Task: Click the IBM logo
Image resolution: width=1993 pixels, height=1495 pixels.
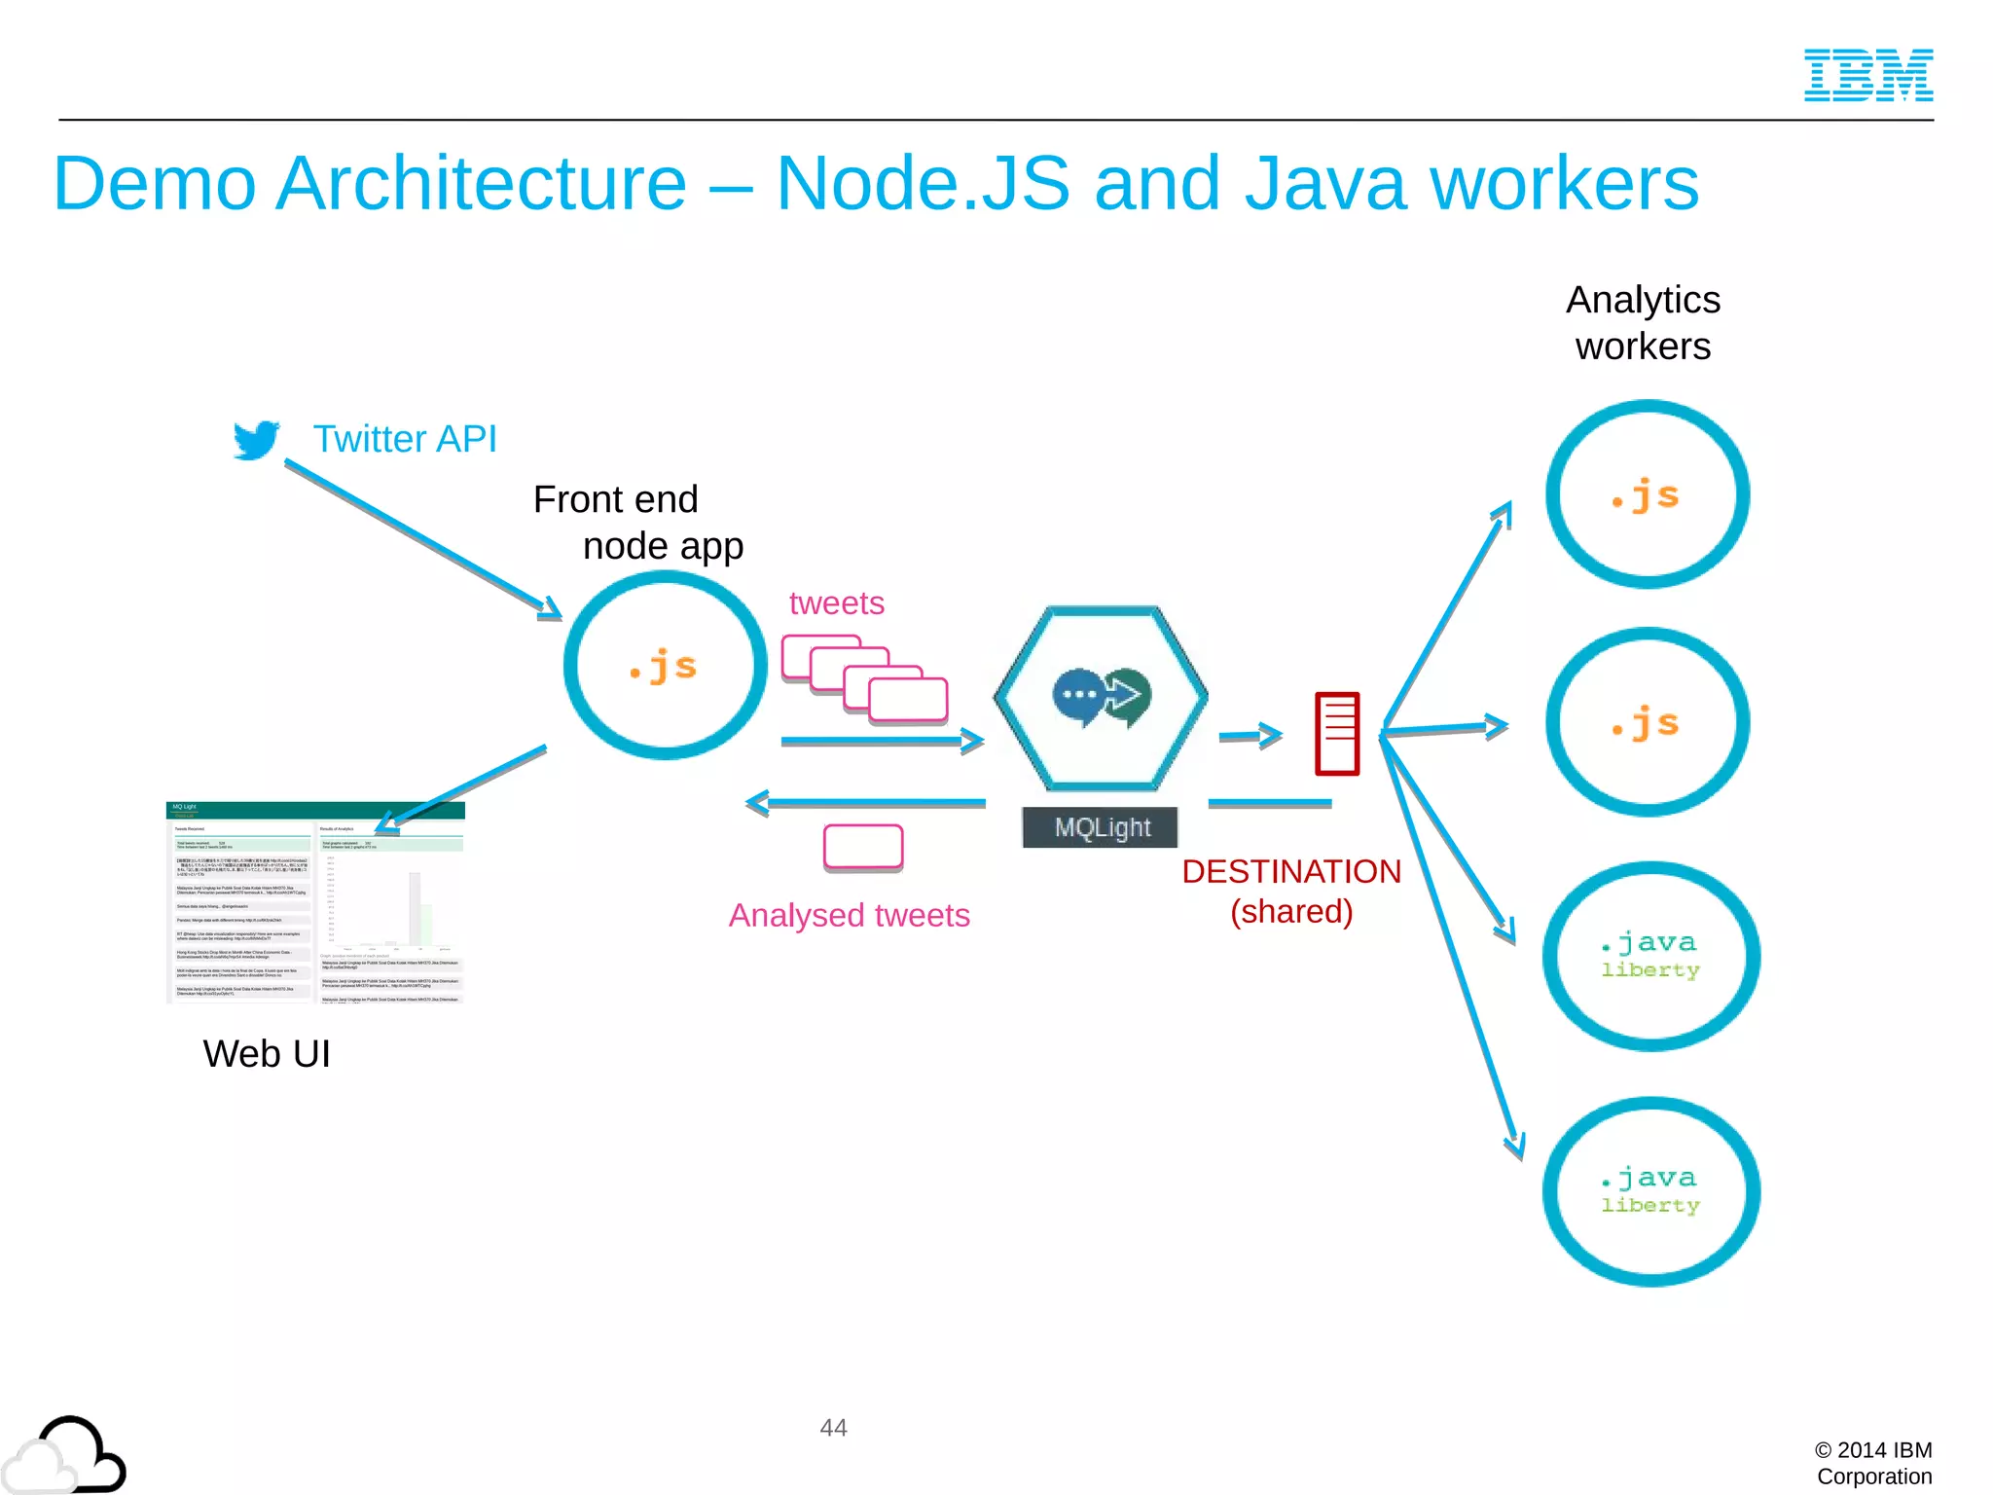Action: (x=1867, y=75)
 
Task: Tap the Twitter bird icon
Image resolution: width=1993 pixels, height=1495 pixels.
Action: (x=256, y=440)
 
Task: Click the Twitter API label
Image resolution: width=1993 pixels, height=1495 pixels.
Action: (x=404, y=439)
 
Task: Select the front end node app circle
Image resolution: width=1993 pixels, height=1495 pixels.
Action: (x=666, y=666)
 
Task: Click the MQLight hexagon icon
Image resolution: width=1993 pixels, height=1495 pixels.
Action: (x=1101, y=697)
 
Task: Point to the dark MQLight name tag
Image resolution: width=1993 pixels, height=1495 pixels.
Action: (x=1101, y=827)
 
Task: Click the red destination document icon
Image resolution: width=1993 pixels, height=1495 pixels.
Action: (x=1336, y=734)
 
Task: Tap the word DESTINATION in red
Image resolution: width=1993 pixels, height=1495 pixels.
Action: (x=1290, y=871)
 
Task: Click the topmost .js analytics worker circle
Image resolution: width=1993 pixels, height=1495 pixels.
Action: (x=1647, y=494)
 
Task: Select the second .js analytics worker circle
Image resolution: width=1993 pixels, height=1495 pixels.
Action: (x=1647, y=722)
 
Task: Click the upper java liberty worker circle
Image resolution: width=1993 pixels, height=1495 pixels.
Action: (x=1650, y=956)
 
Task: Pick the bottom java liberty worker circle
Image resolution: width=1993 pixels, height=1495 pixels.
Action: (x=1650, y=1191)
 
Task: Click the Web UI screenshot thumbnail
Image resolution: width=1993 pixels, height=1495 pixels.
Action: (x=315, y=902)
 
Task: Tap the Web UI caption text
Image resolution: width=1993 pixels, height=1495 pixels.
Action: (x=267, y=1054)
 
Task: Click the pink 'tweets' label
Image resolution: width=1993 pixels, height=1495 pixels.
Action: (x=836, y=603)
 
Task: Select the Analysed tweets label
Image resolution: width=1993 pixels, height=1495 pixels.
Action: (x=849, y=915)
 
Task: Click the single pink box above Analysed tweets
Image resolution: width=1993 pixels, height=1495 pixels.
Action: (x=863, y=847)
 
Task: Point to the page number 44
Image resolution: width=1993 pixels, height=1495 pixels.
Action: (x=833, y=1428)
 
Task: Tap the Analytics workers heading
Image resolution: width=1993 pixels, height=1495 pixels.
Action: (x=1643, y=323)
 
